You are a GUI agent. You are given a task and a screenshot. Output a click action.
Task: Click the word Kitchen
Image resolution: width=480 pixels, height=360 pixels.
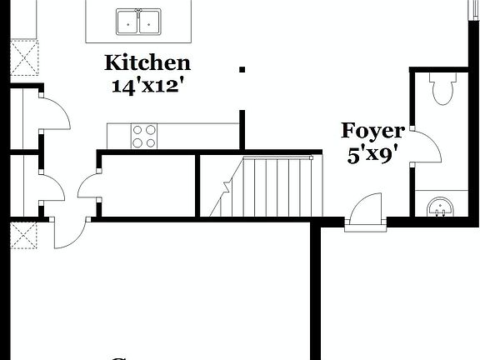[147, 62]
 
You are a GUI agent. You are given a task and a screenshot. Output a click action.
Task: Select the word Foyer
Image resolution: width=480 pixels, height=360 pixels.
[372, 131]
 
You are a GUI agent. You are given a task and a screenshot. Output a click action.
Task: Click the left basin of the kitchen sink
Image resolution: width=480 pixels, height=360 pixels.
[127, 21]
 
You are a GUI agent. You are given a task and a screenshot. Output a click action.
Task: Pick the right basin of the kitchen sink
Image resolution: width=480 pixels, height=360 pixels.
[149, 21]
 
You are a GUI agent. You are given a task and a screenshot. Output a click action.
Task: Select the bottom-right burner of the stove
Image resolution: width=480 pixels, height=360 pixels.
[151, 142]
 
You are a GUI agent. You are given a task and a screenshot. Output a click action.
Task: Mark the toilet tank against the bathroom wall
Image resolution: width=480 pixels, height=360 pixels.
[440, 77]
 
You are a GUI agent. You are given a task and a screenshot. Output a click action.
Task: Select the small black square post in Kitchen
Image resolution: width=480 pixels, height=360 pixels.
[242, 70]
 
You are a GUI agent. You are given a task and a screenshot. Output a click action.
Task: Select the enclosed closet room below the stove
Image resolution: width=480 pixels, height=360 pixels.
[146, 187]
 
